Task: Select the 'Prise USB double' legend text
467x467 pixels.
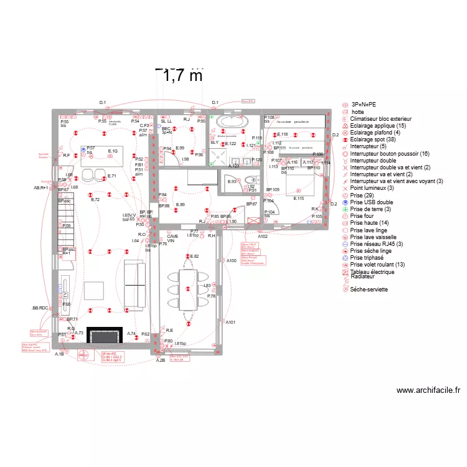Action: tap(371, 202)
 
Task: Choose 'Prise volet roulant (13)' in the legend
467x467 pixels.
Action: tap(377, 265)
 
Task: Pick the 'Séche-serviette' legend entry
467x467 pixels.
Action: tap(369, 289)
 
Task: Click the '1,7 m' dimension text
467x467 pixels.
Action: tap(182, 76)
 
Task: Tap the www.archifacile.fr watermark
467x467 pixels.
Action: tap(428, 390)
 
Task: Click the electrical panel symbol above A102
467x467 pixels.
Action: tap(253, 221)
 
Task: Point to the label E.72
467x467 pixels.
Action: tap(95, 200)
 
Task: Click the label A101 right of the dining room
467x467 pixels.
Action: tap(230, 322)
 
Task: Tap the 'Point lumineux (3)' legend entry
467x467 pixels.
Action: tap(372, 188)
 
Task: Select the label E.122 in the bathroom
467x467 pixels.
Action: tap(230, 144)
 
